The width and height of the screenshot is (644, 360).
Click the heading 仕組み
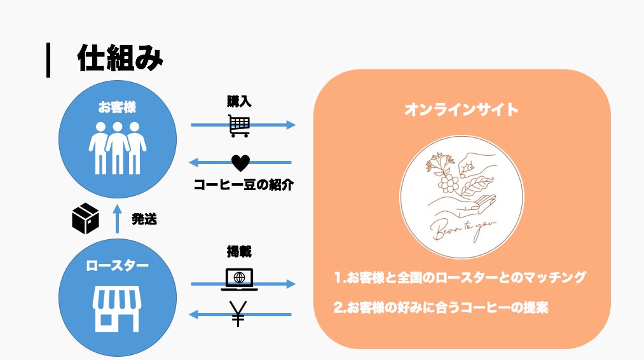click(120, 59)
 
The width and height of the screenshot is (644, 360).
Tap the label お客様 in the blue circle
click(117, 107)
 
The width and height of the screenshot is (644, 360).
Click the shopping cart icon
click(240, 125)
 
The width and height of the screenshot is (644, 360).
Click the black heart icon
click(240, 163)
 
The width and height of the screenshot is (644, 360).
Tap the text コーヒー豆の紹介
click(244, 186)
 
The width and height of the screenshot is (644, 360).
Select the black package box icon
click(85, 219)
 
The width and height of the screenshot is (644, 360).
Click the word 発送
click(144, 220)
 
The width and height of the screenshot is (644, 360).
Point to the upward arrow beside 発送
click(116, 219)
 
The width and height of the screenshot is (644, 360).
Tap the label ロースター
click(117, 265)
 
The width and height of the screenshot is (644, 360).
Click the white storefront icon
click(117, 308)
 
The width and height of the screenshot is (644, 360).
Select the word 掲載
click(239, 252)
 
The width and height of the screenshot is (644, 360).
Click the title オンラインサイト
click(462, 110)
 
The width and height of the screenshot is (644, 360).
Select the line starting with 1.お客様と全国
click(460, 277)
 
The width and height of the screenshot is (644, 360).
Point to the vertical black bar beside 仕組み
click(48, 60)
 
